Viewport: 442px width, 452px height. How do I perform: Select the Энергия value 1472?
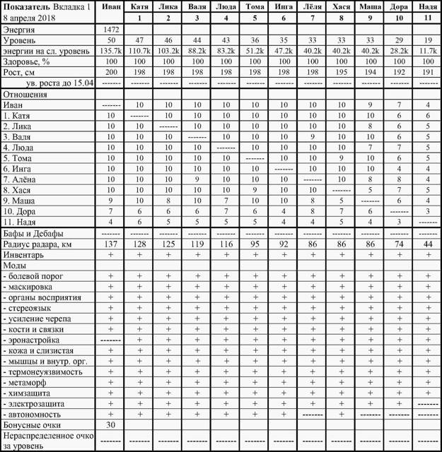click(x=110, y=30)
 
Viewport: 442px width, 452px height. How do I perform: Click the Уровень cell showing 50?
click(x=110, y=41)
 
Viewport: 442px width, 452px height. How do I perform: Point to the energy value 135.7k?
click(x=110, y=52)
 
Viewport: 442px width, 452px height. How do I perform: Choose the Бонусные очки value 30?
click(x=110, y=425)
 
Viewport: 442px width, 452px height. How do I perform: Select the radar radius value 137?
click(x=110, y=244)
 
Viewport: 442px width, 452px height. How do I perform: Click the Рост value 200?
click(x=110, y=72)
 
